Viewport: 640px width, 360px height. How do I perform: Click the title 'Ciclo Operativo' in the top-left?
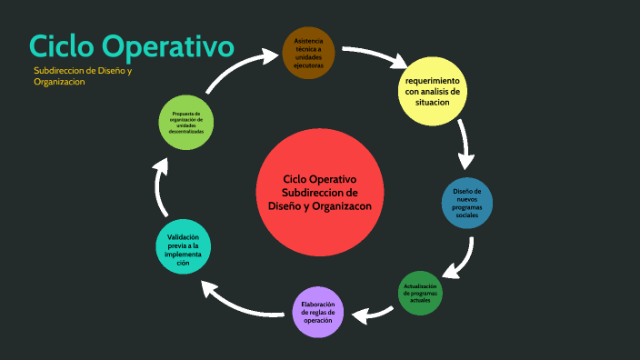[131, 45]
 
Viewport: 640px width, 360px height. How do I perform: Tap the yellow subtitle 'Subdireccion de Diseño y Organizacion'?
[83, 75]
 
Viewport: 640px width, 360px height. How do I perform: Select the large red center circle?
[320, 193]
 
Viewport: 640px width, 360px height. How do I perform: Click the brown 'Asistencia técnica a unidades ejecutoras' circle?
[309, 54]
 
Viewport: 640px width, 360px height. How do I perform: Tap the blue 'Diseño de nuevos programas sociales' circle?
[467, 203]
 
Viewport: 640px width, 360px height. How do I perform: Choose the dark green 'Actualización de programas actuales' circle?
[420, 293]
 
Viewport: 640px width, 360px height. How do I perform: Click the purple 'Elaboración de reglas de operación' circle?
[319, 312]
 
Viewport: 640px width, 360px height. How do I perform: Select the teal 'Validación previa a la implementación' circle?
[188, 247]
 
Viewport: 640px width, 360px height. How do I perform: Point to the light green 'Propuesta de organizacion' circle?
[186, 122]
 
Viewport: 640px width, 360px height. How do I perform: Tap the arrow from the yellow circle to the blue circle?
[465, 145]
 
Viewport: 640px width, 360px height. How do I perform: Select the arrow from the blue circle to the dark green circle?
[461, 259]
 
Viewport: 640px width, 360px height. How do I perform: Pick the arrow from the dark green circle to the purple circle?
[371, 315]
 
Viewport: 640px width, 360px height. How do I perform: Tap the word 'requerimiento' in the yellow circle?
[433, 81]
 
